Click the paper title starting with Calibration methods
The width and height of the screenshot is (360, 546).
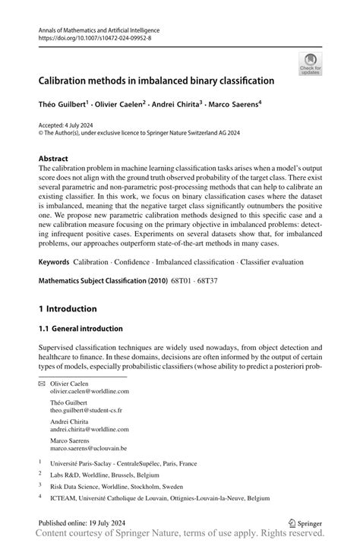pos(157,79)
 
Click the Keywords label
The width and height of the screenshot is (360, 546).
pos(53,262)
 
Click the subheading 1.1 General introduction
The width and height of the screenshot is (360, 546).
pos(81,329)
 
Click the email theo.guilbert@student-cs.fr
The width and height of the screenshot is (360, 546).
pos(86,409)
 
